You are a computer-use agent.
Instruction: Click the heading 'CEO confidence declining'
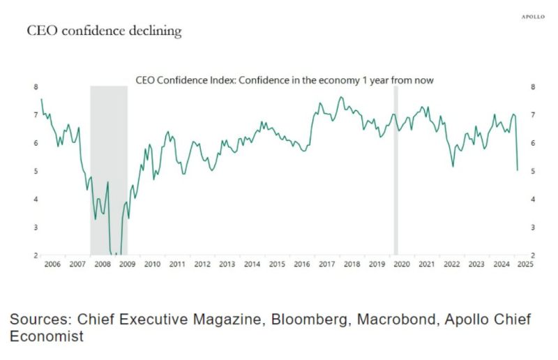click(104, 31)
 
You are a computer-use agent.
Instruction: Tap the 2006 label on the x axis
click(52, 264)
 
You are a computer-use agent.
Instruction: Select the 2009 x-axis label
click(127, 264)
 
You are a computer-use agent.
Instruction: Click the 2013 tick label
click(227, 264)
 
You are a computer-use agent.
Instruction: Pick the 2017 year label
click(326, 264)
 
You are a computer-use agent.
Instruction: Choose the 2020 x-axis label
click(401, 264)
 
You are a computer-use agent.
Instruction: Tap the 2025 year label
click(526, 264)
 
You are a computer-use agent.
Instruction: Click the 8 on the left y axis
click(36, 87)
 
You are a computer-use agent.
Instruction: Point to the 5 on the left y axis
click(36, 171)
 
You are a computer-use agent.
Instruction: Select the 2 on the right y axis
click(534, 255)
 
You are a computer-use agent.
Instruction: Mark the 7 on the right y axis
click(534, 115)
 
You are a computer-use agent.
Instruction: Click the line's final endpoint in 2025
click(517, 170)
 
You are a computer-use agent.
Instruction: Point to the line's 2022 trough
click(453, 166)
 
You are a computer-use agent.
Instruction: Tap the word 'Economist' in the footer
click(47, 336)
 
